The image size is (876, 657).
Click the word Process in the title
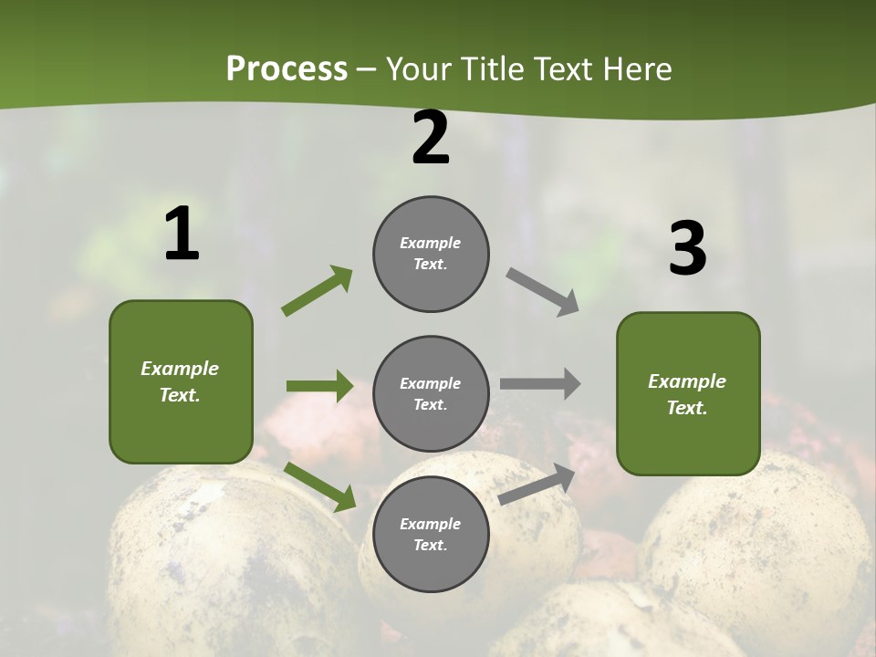point(287,69)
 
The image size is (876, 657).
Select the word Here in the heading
point(636,69)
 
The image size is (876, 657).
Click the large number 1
point(182,235)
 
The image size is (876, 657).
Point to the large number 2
point(431,139)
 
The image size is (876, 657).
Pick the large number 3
point(687,249)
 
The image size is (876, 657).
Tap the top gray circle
point(431,254)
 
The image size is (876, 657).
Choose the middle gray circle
point(431,393)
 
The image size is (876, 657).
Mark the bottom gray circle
point(431,534)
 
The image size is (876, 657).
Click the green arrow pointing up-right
point(318,290)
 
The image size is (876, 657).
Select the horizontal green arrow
point(319,386)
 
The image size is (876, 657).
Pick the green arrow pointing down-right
point(319,486)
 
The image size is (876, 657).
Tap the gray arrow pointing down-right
point(543,292)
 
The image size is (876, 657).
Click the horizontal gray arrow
point(540,383)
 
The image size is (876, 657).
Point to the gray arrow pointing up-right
point(537,484)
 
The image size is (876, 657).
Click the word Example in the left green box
point(180,369)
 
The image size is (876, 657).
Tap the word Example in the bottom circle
point(430,524)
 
